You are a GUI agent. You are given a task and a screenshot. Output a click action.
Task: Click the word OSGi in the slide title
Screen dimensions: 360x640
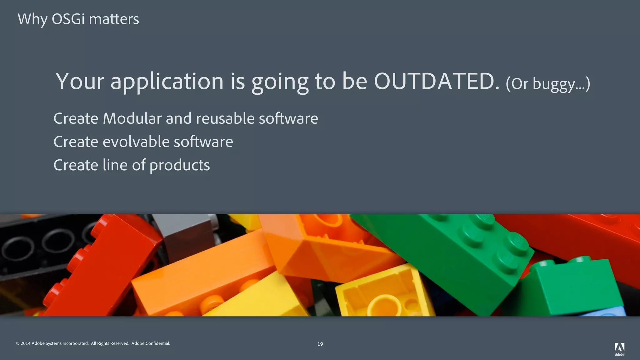pos(68,19)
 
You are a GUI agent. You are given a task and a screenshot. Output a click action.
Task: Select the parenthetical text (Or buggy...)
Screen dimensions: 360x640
pos(548,84)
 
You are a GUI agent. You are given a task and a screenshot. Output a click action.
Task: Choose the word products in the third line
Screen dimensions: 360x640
pos(179,165)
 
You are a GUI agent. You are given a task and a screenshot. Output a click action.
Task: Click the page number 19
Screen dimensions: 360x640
pos(320,344)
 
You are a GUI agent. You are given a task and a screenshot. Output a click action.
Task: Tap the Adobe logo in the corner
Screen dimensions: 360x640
pos(619,349)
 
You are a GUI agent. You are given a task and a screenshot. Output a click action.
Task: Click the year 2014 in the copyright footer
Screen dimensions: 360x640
pos(26,343)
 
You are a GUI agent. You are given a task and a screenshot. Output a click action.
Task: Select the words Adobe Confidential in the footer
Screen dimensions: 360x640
pos(151,343)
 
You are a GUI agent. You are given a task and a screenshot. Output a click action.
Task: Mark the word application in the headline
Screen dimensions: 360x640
pos(167,81)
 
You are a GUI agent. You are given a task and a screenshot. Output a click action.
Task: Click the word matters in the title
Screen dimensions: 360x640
pos(114,19)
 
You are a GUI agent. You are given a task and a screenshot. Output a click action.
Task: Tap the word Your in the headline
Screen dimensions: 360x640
pos(80,81)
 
